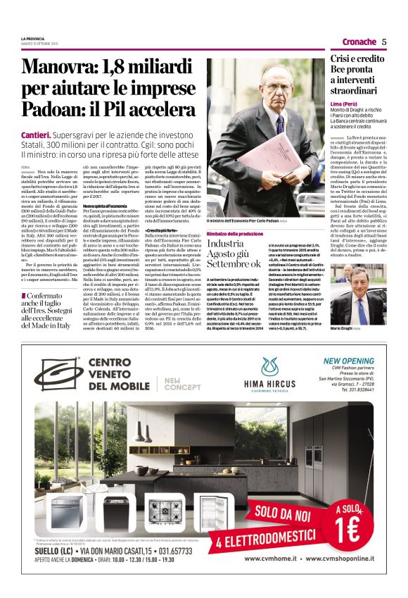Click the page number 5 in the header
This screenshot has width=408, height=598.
tap(384, 42)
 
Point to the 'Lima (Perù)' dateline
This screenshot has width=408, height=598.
tap(345, 104)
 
